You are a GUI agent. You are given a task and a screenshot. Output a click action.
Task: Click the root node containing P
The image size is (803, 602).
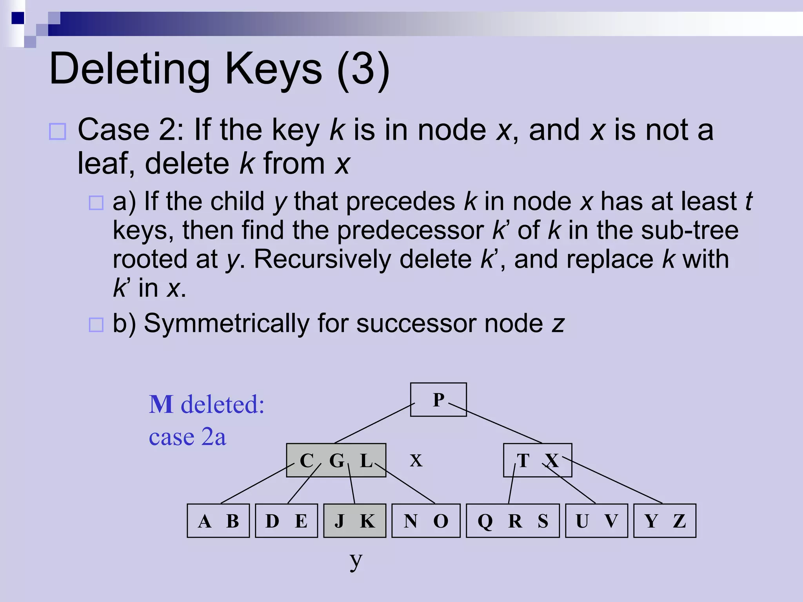pyautogui.click(x=438, y=399)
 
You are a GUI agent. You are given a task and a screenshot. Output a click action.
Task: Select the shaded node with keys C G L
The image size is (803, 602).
pyautogui.click(x=336, y=460)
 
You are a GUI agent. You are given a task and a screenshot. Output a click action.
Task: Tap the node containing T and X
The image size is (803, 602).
pyautogui.click(x=537, y=460)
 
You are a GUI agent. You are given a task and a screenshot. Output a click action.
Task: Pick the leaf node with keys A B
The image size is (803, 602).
pyautogui.click(x=218, y=520)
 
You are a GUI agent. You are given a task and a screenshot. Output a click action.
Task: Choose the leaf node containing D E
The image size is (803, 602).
pyautogui.click(x=286, y=520)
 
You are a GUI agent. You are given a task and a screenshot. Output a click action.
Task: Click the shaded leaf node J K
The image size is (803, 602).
pyautogui.click(x=354, y=520)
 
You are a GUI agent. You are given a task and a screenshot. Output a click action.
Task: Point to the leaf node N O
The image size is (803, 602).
pyautogui.click(x=426, y=520)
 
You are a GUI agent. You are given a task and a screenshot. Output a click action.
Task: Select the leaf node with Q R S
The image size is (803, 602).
pyautogui.click(x=512, y=520)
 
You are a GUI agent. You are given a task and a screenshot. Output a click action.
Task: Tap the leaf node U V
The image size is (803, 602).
pyautogui.click(x=596, y=520)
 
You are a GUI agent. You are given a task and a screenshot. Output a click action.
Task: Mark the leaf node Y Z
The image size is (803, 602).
pyautogui.click(x=665, y=520)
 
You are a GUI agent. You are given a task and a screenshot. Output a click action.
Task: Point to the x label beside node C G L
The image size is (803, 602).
pyautogui.click(x=416, y=461)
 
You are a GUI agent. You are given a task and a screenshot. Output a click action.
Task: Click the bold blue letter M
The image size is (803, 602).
pyautogui.click(x=161, y=404)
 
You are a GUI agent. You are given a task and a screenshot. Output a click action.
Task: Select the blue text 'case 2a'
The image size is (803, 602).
pyautogui.click(x=187, y=437)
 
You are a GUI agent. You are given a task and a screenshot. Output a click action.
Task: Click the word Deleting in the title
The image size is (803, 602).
pyautogui.click(x=130, y=69)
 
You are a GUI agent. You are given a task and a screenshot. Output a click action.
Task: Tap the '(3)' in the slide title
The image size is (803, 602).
pyautogui.click(x=363, y=69)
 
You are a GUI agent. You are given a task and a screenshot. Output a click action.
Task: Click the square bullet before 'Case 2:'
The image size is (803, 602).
pyautogui.click(x=57, y=131)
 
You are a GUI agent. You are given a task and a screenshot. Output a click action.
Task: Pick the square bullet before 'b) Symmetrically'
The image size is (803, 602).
pyautogui.click(x=96, y=325)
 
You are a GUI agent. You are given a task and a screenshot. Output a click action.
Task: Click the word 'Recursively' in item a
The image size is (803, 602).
pyautogui.click(x=362, y=259)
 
